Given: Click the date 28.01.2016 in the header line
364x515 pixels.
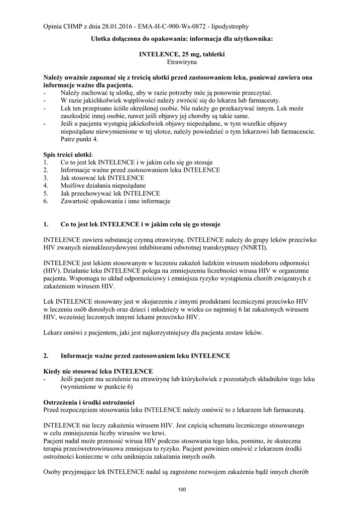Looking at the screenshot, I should tap(116, 26).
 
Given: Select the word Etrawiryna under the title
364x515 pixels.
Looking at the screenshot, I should tap(182, 63).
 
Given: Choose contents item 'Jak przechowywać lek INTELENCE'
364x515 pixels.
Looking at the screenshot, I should tap(110, 194).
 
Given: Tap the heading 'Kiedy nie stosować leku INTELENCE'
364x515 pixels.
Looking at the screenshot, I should tap(98, 371).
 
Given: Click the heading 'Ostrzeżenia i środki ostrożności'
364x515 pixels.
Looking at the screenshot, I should tap(88, 402).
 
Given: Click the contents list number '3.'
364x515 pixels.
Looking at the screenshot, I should tap(46, 178).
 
